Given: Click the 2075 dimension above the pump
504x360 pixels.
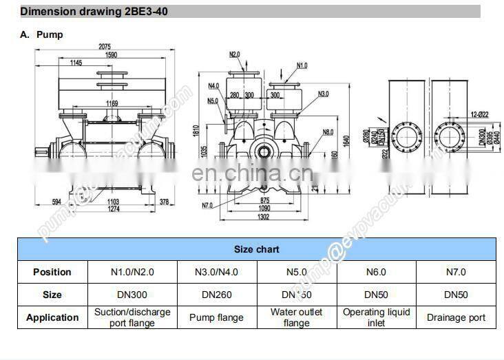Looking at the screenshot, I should click(x=105, y=47).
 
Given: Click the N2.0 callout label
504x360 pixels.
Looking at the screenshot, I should click(x=235, y=54).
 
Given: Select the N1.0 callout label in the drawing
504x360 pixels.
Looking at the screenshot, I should click(x=302, y=65).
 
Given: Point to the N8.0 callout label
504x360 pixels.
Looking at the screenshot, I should click(x=327, y=132).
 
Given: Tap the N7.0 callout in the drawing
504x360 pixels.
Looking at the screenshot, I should click(x=207, y=205).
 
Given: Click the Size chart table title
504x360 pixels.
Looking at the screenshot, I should click(x=256, y=249).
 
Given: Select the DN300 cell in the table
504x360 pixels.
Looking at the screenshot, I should click(x=132, y=295).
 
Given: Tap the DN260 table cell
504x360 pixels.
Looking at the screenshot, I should click(x=216, y=295).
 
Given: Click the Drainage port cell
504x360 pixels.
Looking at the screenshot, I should click(x=456, y=317).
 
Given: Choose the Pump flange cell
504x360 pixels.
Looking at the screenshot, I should click(x=216, y=317).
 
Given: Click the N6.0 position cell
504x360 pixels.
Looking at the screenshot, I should click(x=376, y=272).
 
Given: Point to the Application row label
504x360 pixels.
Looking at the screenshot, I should click(x=52, y=317).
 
